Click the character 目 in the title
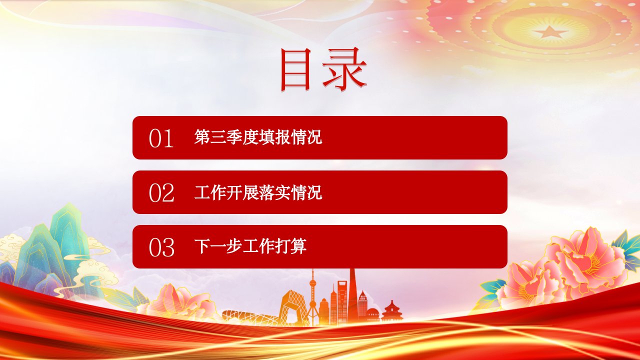click(295, 69)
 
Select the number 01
click(161, 138)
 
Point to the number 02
click(161, 193)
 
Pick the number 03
click(161, 247)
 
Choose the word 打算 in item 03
click(290, 246)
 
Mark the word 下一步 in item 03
click(218, 246)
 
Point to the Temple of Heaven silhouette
click(392, 311)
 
